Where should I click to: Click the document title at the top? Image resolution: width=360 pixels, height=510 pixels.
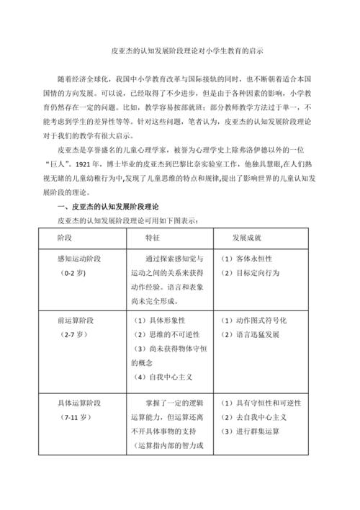179,52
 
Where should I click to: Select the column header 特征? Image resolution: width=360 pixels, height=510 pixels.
153,236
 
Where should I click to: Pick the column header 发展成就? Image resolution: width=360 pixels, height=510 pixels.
246,236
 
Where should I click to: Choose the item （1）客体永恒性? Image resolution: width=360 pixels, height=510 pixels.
248,259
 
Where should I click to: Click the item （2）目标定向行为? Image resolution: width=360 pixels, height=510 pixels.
252,274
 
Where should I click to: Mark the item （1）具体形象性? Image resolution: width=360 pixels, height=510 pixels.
163,320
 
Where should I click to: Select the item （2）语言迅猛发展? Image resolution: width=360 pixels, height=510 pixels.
252,335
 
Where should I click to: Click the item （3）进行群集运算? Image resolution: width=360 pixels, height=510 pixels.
252,431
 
